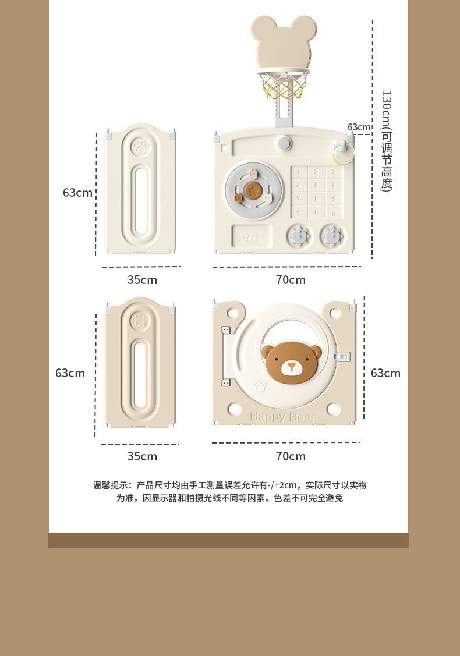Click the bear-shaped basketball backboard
click(284, 44)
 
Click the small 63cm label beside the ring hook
click(359, 127)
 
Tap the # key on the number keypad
click(334, 212)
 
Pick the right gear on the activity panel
click(332, 236)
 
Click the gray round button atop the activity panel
click(284, 143)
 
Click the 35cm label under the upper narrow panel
click(142, 280)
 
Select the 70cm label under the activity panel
click(291, 280)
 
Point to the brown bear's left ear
click(268, 351)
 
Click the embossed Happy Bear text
click(282, 417)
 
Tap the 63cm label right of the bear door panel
click(385, 373)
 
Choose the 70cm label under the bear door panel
click(291, 456)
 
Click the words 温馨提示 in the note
click(111, 485)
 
